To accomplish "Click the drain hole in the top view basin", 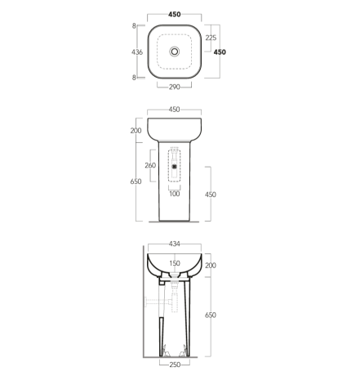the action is (x=175, y=51).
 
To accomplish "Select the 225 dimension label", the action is (x=211, y=38).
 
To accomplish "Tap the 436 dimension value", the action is (x=137, y=52).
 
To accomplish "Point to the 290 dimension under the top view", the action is (x=175, y=87).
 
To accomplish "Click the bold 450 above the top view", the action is (x=175, y=15).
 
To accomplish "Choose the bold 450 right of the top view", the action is (x=220, y=52).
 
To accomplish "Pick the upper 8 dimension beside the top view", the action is (x=134, y=26).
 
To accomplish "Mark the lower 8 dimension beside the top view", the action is (x=134, y=78).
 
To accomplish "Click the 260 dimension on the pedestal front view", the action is (x=150, y=165).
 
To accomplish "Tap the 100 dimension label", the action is (x=175, y=194).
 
